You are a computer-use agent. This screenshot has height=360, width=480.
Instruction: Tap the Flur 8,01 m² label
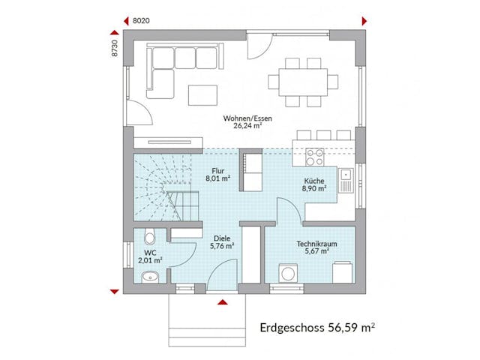click(x=219, y=174)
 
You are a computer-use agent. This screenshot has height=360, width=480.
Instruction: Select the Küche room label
click(x=314, y=184)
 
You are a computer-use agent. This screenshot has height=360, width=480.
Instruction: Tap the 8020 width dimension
click(x=141, y=21)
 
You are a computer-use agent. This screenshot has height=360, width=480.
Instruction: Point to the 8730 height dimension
click(x=115, y=47)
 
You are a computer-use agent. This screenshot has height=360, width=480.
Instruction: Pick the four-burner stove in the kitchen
click(x=313, y=158)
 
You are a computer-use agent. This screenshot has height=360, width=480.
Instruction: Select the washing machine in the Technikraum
click(x=287, y=272)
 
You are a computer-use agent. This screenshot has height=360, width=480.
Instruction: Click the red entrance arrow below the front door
click(x=222, y=301)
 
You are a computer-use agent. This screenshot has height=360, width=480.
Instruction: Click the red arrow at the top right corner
click(x=364, y=20)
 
